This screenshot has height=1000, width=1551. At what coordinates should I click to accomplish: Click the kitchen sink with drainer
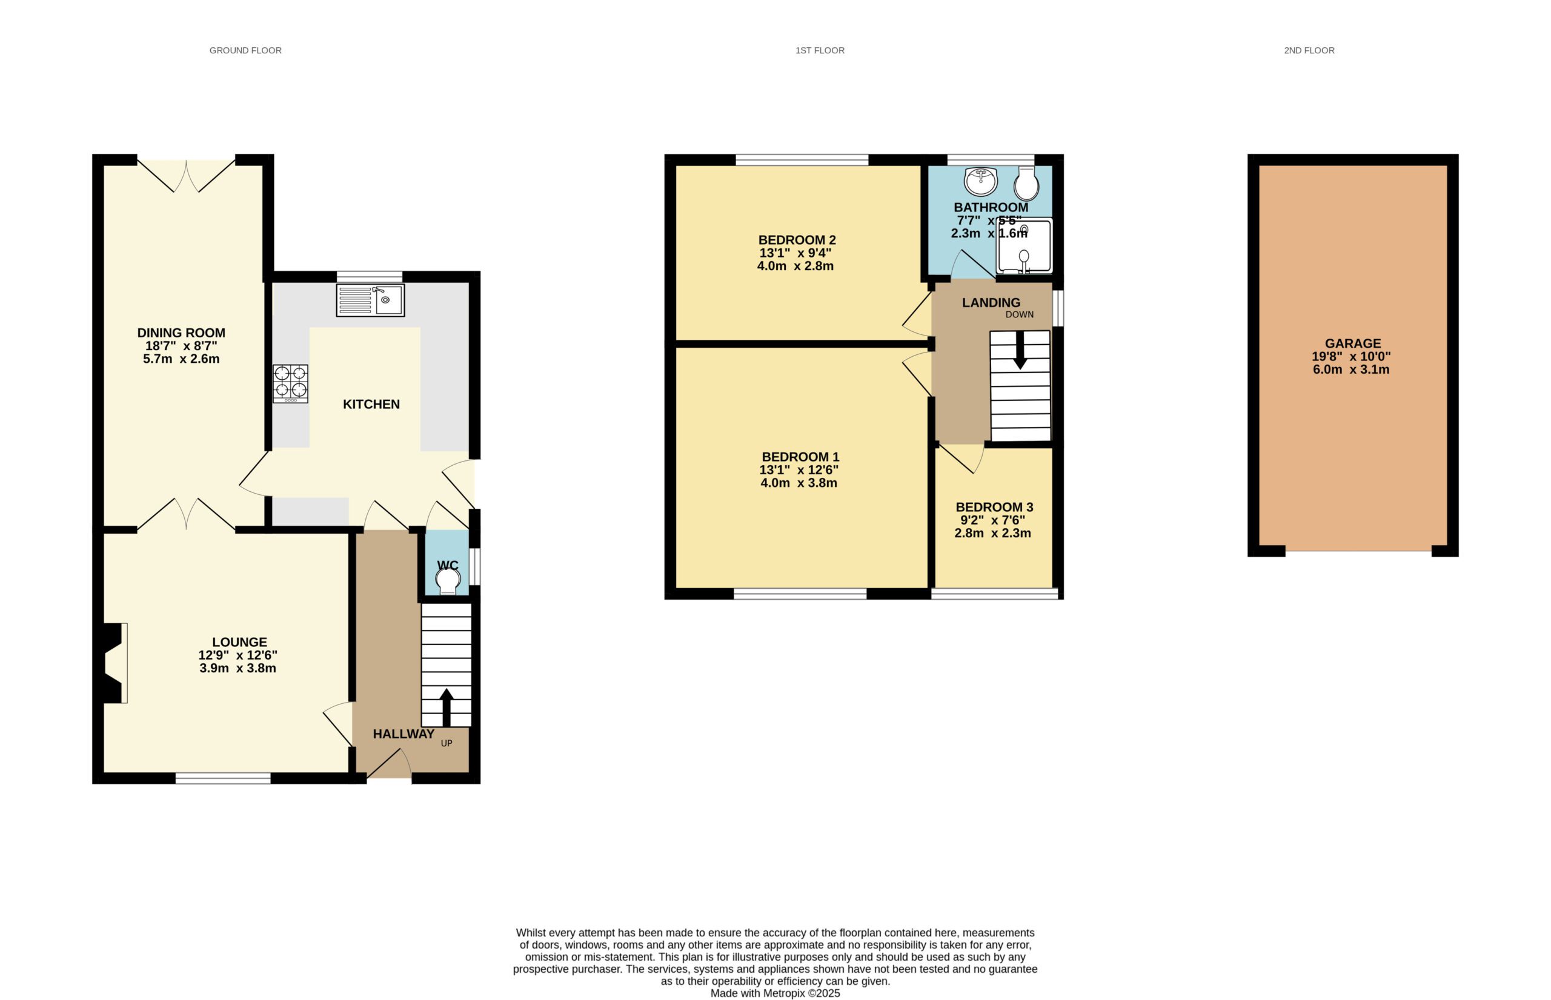tap(370, 300)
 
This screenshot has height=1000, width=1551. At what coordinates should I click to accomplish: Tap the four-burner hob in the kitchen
tap(290, 383)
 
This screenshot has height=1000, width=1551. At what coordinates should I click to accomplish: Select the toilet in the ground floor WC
tap(448, 580)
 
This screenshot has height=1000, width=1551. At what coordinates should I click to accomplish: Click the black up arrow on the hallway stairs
tap(446, 707)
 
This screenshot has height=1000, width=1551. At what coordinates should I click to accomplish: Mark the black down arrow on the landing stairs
tap(1020, 351)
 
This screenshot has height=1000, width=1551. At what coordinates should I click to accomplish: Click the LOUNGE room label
tap(239, 642)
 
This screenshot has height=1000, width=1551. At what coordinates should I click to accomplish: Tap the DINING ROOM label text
tap(181, 333)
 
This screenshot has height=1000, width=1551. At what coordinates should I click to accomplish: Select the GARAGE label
tap(1353, 343)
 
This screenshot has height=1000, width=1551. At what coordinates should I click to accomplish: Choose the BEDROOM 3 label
tap(994, 507)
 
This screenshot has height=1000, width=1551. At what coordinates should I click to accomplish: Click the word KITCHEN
tap(371, 404)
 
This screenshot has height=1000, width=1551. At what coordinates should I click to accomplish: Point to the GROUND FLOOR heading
tap(245, 50)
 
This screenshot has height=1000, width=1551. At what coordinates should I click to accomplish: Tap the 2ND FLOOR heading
tap(1309, 50)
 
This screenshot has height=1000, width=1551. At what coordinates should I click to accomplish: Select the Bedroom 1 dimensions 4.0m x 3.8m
tap(799, 483)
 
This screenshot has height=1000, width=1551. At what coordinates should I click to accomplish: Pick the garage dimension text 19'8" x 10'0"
tap(1351, 357)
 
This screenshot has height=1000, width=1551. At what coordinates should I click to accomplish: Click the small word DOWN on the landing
tap(1019, 314)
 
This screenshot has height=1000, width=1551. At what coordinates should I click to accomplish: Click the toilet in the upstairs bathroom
tap(1026, 182)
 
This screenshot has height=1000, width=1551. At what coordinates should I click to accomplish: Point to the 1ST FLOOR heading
tap(820, 50)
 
